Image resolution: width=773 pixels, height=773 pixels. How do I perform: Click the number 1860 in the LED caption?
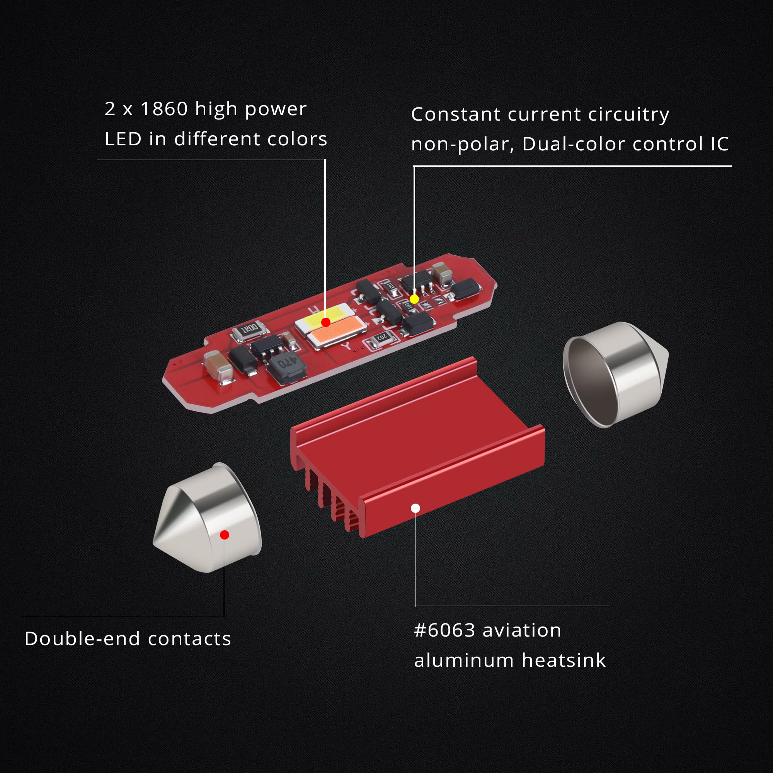point(164,109)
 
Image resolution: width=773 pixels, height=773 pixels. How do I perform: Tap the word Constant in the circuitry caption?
point(456,114)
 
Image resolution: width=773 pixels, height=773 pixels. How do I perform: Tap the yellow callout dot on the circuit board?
point(414,299)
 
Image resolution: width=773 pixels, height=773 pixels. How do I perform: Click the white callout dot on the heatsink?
point(415,508)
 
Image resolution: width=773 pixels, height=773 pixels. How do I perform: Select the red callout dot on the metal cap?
point(225,535)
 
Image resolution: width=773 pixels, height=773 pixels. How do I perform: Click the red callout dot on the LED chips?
point(326,322)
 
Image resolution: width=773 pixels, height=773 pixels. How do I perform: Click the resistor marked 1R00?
point(250,330)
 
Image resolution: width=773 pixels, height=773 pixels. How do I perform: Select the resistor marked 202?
point(381,338)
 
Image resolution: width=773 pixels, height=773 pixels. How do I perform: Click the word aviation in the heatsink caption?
point(522,630)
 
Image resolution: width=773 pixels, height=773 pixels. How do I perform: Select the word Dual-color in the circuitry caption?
point(573,144)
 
